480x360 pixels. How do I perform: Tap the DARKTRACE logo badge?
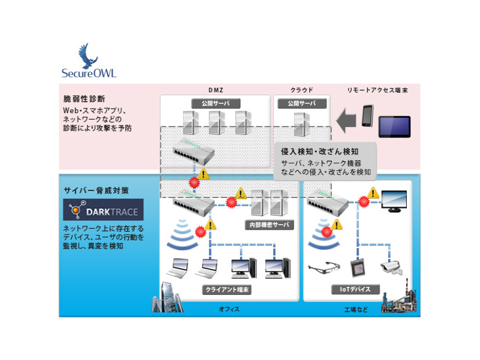pyautogui.click(x=103, y=210)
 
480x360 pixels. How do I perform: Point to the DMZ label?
pyautogui.click(x=216, y=89)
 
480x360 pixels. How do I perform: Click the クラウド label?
pyautogui.click(x=302, y=89)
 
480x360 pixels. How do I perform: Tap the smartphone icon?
pyautogui.click(x=367, y=116)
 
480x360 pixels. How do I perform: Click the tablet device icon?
pyautogui.click(x=395, y=126)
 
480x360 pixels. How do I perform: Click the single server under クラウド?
pyautogui.click(x=301, y=123)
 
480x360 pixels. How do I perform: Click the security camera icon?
pyautogui.click(x=391, y=267)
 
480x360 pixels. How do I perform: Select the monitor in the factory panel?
pyautogui.click(x=393, y=200)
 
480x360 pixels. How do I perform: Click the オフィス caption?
pyautogui.click(x=229, y=309)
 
